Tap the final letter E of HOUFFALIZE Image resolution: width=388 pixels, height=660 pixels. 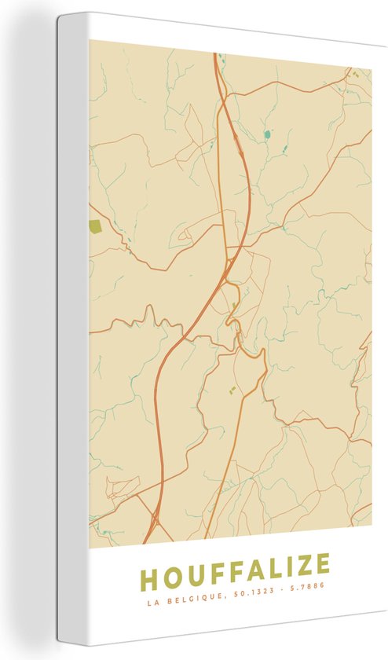point(319,563)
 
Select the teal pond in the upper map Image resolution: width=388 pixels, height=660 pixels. point(267,134)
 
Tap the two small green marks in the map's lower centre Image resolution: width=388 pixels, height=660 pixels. point(231,389)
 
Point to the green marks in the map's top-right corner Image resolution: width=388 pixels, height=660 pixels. point(354,74)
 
